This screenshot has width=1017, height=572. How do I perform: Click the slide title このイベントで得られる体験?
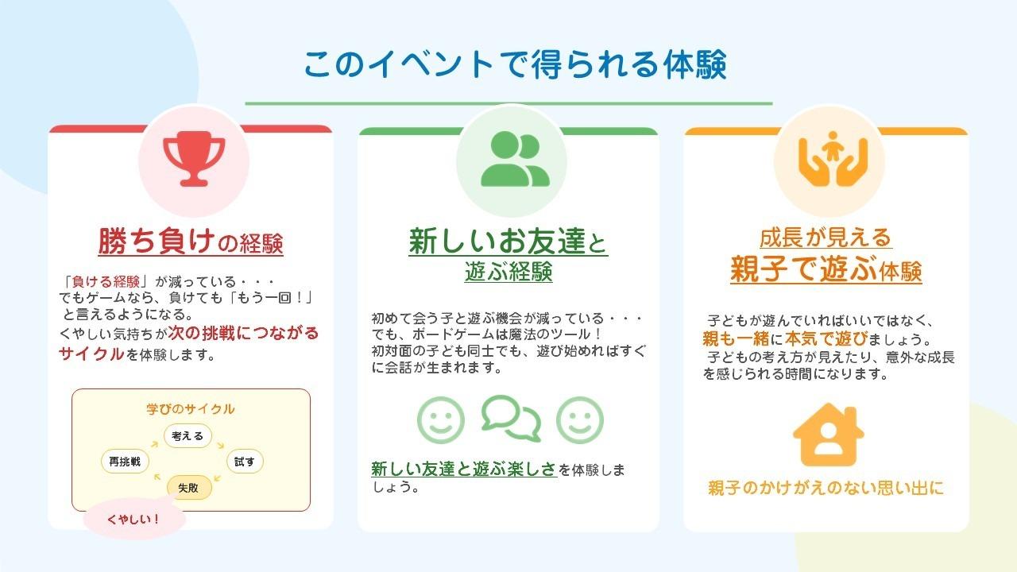point(515,65)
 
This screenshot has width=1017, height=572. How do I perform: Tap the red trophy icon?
point(194,158)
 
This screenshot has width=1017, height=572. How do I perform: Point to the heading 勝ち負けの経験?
point(191,242)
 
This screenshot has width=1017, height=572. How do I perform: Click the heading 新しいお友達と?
point(508,242)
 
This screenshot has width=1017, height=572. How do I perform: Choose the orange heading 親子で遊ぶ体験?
point(826,270)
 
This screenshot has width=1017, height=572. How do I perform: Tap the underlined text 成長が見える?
point(826,238)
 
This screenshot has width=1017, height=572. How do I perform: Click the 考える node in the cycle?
point(188,435)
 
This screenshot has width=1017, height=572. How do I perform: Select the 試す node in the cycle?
point(245,461)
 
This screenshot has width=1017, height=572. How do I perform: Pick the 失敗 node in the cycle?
point(189,487)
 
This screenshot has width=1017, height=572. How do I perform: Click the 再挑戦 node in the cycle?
point(126,461)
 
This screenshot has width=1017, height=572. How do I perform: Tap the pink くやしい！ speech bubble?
point(134,520)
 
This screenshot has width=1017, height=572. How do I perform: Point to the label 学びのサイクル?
point(191,409)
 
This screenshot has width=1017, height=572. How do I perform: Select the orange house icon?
point(828,435)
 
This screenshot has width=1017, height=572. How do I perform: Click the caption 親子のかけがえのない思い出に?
point(826,488)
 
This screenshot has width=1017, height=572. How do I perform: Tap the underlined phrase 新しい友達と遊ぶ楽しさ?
point(464,469)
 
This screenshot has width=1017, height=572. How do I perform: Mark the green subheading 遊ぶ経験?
point(508,273)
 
